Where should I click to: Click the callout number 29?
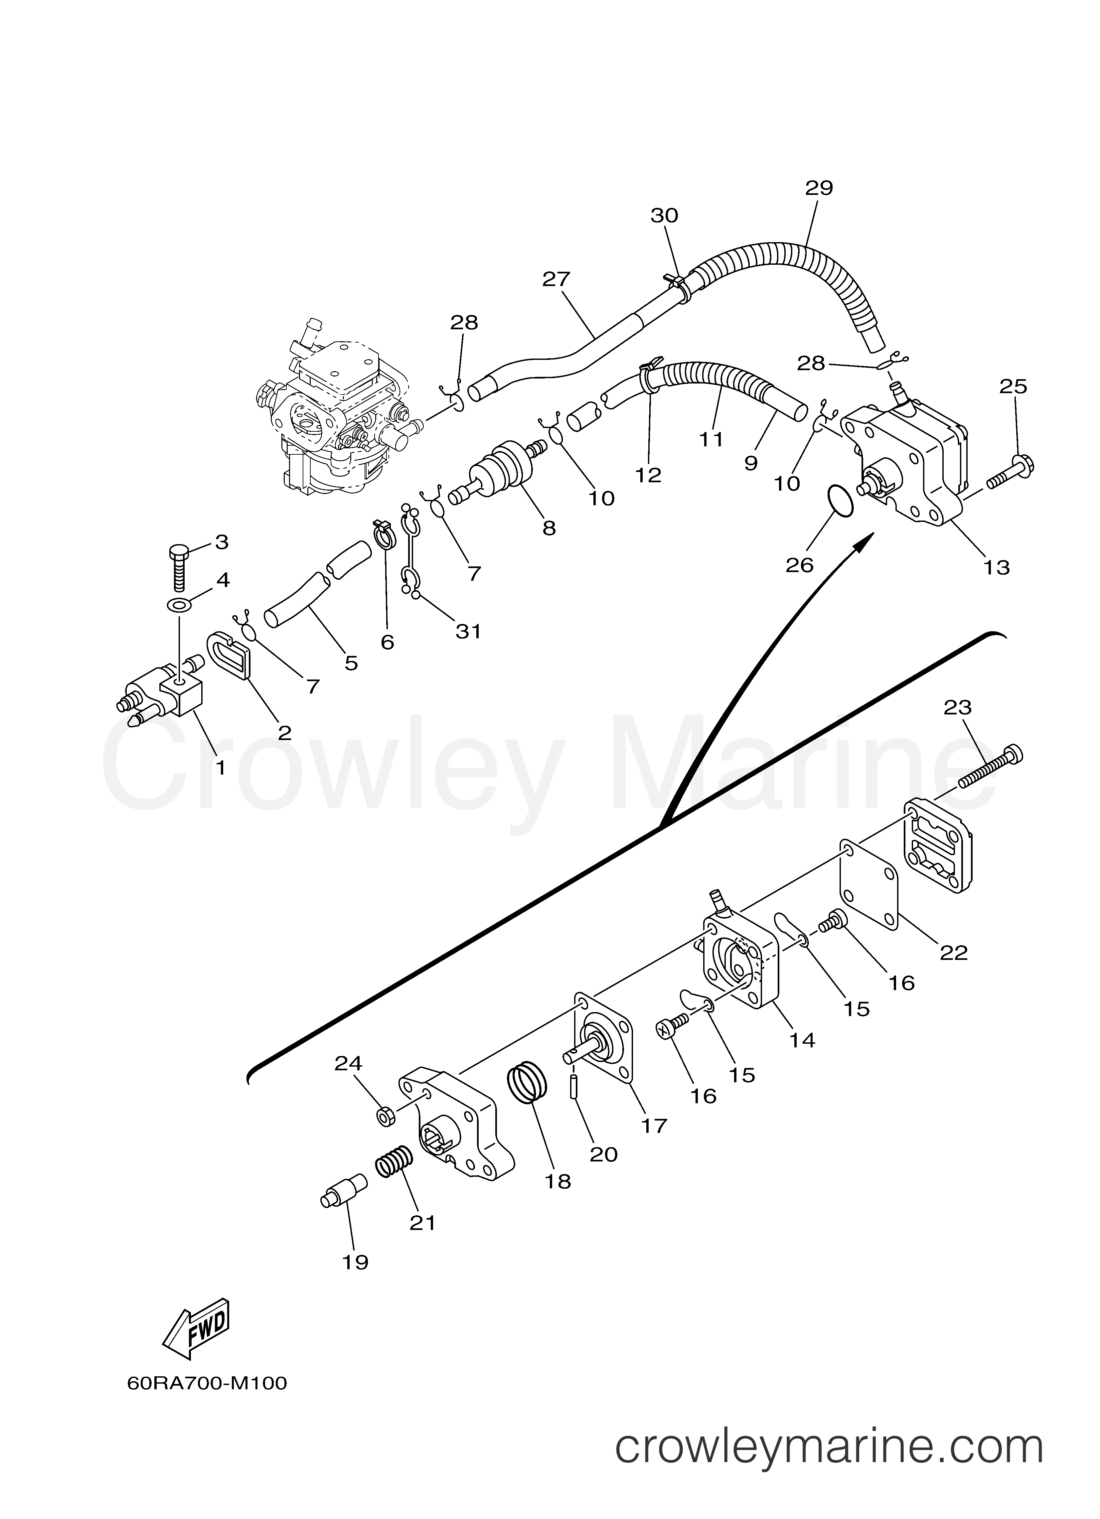click(x=819, y=188)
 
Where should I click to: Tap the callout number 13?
click(x=996, y=567)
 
